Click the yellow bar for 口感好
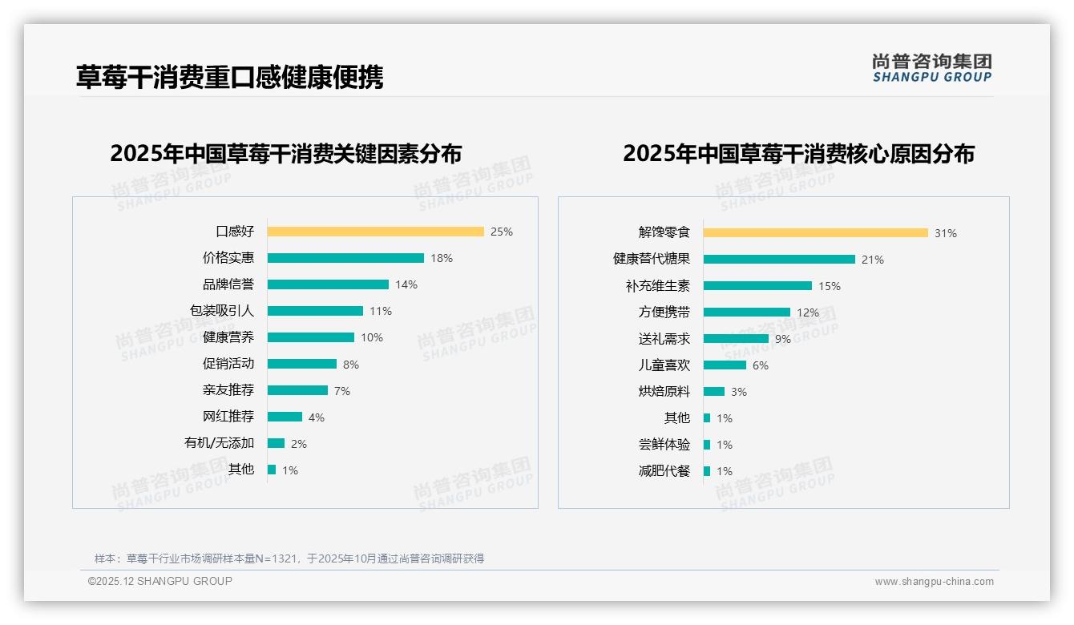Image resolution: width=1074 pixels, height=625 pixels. [x=375, y=232]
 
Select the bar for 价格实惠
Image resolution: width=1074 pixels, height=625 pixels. [x=345, y=258]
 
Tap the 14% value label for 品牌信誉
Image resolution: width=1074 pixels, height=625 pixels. [x=406, y=284]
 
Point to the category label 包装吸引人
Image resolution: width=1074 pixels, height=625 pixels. [x=221, y=311]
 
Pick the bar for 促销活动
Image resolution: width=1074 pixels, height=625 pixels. [x=302, y=364]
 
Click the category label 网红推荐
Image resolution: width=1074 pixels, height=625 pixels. [x=228, y=417]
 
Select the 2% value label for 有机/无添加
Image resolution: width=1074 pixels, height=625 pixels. [x=299, y=443]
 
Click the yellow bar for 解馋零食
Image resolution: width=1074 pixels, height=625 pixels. [x=815, y=233]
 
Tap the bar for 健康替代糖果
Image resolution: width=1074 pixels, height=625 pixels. [x=779, y=260]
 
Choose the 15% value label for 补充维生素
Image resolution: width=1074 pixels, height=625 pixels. [x=830, y=286]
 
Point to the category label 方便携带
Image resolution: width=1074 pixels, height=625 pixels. [x=664, y=312]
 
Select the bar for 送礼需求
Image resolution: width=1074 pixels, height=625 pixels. [x=736, y=339]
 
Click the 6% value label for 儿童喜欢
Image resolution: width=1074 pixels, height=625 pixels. [x=761, y=365]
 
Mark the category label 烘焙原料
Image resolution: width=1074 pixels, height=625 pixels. [x=664, y=392]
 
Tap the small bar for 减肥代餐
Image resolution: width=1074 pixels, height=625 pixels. [x=707, y=471]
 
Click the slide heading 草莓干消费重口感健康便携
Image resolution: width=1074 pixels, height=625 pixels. [x=229, y=77]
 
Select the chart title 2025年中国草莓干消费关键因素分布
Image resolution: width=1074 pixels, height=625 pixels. [x=285, y=154]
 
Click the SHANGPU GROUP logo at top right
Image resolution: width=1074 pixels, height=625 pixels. [x=931, y=68]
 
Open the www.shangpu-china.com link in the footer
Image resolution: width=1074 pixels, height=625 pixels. [x=934, y=582]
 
